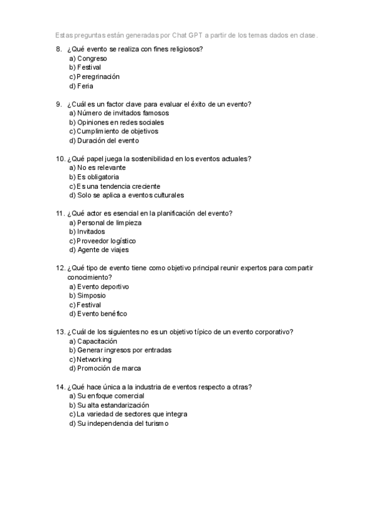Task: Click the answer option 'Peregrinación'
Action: click(x=98, y=77)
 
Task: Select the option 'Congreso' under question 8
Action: click(x=92, y=58)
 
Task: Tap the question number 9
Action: click(x=59, y=104)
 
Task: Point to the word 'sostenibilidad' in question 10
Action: click(x=151, y=159)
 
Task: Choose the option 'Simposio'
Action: click(x=91, y=296)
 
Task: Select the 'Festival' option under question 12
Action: click(x=89, y=305)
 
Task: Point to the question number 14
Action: click(x=60, y=387)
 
